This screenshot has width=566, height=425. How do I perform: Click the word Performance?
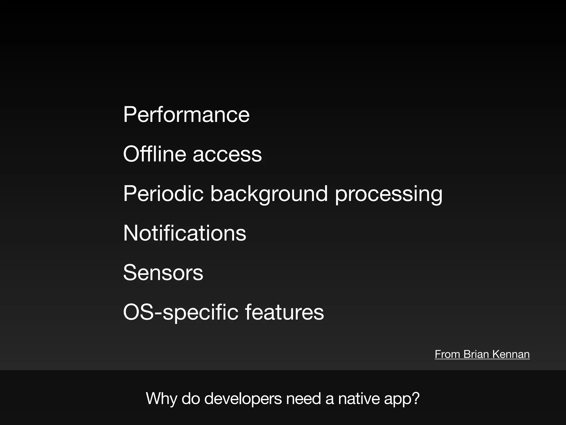pyautogui.click(x=186, y=115)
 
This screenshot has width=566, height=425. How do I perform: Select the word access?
pyautogui.click(x=227, y=154)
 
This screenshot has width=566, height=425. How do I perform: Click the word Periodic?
pyautogui.click(x=163, y=193)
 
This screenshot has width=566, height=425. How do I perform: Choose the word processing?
pyautogui.click(x=389, y=194)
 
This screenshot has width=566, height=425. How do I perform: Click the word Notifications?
pyautogui.click(x=185, y=233)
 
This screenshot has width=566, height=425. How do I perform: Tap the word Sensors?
pyautogui.click(x=163, y=273)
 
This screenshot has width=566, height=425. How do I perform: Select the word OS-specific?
pyautogui.click(x=180, y=312)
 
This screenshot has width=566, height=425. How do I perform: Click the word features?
pyautogui.click(x=284, y=312)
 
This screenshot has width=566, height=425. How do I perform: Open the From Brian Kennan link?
pyautogui.click(x=482, y=354)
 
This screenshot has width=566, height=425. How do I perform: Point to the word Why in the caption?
pyautogui.click(x=161, y=399)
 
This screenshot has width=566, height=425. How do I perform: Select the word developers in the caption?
pyautogui.click(x=243, y=399)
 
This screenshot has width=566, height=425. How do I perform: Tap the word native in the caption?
pyautogui.click(x=358, y=399)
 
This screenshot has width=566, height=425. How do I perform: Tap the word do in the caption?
pyautogui.click(x=191, y=399)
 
